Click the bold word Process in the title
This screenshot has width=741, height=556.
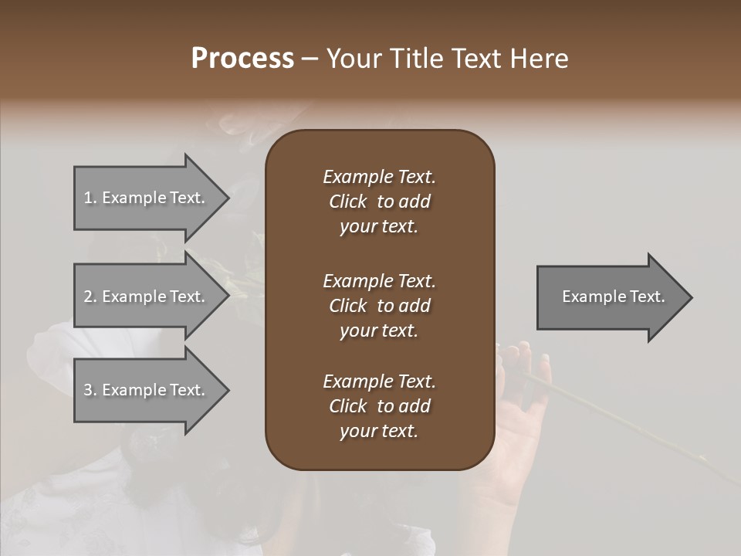click(x=242, y=59)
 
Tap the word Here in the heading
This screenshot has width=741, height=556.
click(x=538, y=59)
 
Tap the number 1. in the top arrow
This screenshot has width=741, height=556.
click(x=90, y=198)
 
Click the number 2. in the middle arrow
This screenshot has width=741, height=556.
click(x=90, y=297)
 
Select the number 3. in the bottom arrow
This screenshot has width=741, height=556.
click(x=90, y=390)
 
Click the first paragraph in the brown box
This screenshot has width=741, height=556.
click(x=379, y=202)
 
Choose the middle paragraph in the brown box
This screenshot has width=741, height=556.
click(x=379, y=306)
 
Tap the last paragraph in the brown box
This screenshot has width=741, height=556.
click(x=379, y=406)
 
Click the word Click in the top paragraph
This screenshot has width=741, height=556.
click(x=347, y=202)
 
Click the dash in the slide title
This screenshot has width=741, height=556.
click(x=310, y=59)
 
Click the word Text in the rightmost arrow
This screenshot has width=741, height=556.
click(x=648, y=297)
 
